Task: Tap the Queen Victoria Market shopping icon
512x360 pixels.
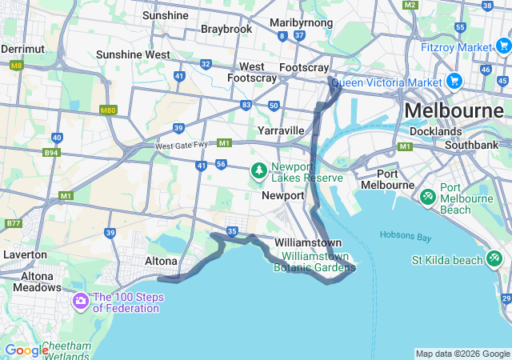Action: pyautogui.click(x=454, y=81)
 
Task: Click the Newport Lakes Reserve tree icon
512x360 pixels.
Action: pyautogui.click(x=259, y=170)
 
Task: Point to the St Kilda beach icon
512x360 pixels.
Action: pyautogui.click(x=495, y=259)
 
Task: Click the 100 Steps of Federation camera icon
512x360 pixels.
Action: pyautogui.click(x=80, y=302)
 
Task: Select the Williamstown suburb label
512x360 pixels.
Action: pyautogui.click(x=308, y=242)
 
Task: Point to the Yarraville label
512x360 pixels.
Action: pyautogui.click(x=281, y=130)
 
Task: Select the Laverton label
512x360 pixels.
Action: pyautogui.click(x=24, y=254)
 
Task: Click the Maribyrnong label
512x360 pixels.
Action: pyautogui.click(x=302, y=22)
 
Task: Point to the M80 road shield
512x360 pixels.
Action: pyautogui.click(x=108, y=110)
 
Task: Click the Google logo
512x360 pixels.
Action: pyautogui.click(x=26, y=350)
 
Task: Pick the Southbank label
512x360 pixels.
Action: pyautogui.click(x=472, y=145)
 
